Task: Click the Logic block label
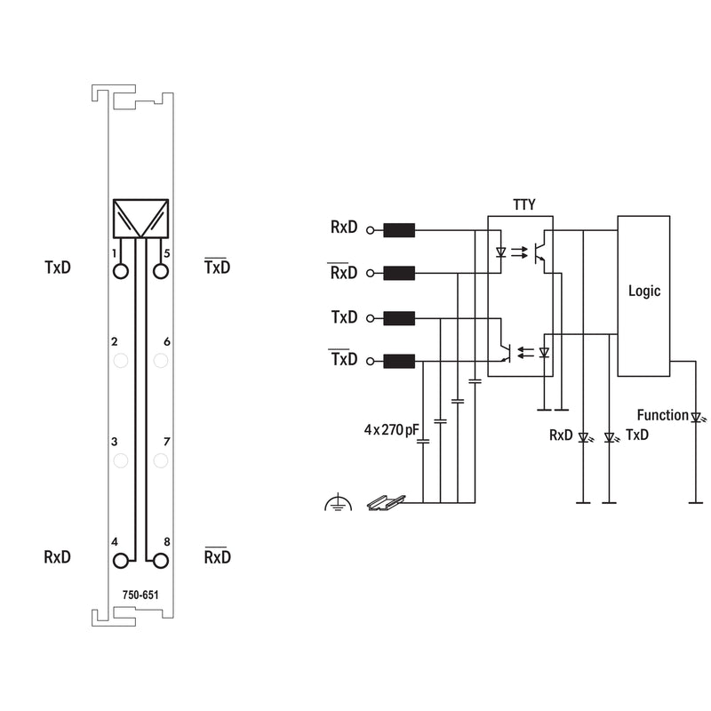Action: (643, 291)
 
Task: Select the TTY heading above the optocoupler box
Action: (523, 205)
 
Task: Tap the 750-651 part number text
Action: (140, 595)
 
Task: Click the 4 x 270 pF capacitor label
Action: (391, 429)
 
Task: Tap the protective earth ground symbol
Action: (339, 504)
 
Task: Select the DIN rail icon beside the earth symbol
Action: (386, 503)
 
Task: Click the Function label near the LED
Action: (662, 415)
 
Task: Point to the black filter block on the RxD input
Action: (399, 230)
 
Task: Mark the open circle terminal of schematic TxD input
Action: (370, 318)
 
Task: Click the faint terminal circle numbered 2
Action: (121, 361)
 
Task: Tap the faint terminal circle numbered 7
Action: (161, 460)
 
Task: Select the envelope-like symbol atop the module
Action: (140, 218)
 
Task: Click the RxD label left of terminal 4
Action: (58, 557)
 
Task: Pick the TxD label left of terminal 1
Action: (58, 268)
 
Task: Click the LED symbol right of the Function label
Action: (698, 417)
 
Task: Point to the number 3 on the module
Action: (115, 442)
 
